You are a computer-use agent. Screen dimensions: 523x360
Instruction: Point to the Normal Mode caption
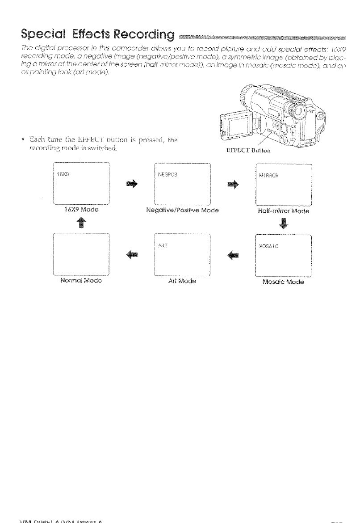click(x=81, y=282)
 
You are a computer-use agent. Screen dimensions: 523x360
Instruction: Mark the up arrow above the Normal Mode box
click(x=81, y=223)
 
